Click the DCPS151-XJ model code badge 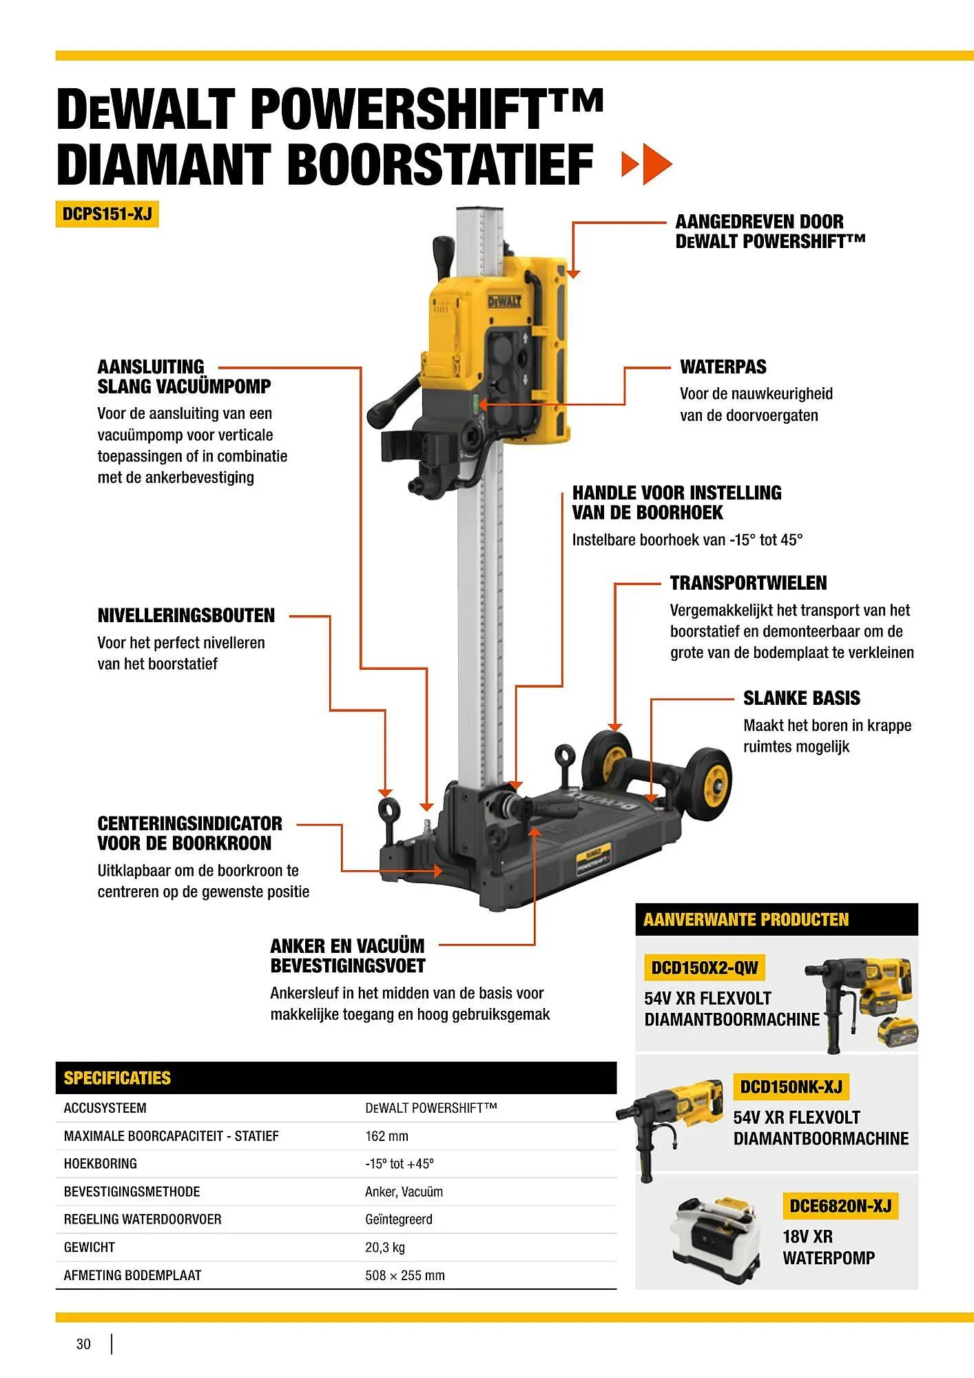point(107,214)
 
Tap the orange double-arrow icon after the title point(646,164)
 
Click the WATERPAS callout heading point(723,367)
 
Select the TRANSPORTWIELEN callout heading point(748,583)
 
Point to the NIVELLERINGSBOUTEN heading point(186,615)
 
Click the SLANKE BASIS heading point(801,698)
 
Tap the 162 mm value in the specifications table point(386,1136)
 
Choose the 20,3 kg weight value point(384,1247)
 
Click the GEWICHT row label point(90,1247)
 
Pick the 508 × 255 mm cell point(404,1275)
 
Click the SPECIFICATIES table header point(117,1078)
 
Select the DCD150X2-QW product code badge point(704,968)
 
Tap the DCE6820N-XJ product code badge point(840,1206)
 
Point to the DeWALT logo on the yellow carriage point(504,302)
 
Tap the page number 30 point(83,1344)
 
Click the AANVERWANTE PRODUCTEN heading point(745,920)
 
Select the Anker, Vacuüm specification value point(404,1191)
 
